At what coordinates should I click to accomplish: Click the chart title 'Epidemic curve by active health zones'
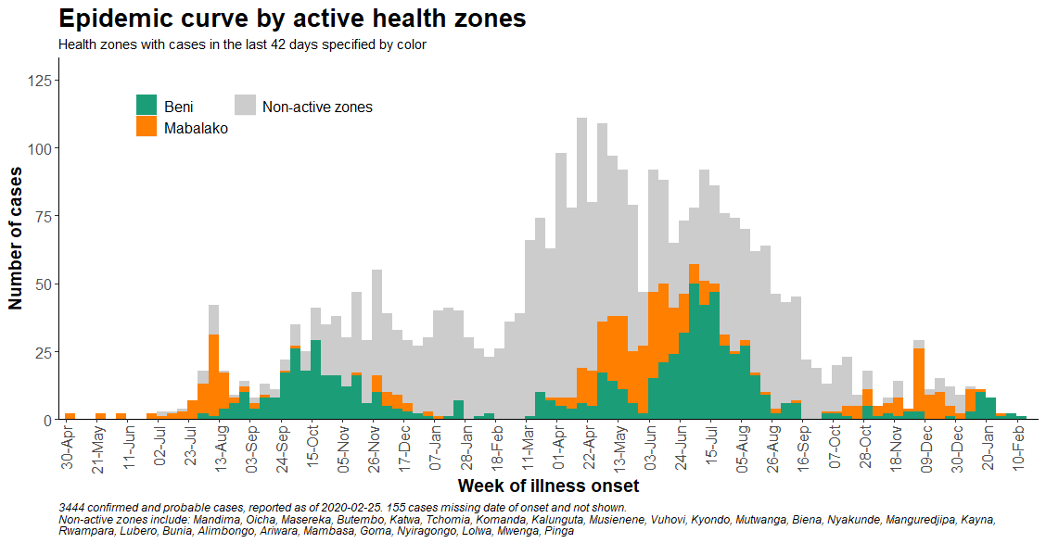[292, 19]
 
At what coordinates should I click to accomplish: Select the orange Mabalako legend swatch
[147, 127]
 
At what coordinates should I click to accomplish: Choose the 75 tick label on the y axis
[42, 217]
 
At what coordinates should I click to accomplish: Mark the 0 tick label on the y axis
[46, 421]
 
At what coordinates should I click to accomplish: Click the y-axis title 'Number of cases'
[16, 238]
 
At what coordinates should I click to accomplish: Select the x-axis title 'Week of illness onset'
[548, 486]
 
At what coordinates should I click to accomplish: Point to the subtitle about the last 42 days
[241, 44]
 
